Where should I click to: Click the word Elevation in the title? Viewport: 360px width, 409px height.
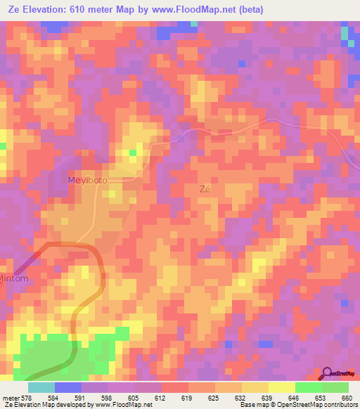coord(50,9)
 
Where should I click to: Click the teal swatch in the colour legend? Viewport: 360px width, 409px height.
coord(41,387)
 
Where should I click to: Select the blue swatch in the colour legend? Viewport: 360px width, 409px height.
coord(67,387)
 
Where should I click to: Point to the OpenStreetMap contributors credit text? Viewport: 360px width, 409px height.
coord(314,405)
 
